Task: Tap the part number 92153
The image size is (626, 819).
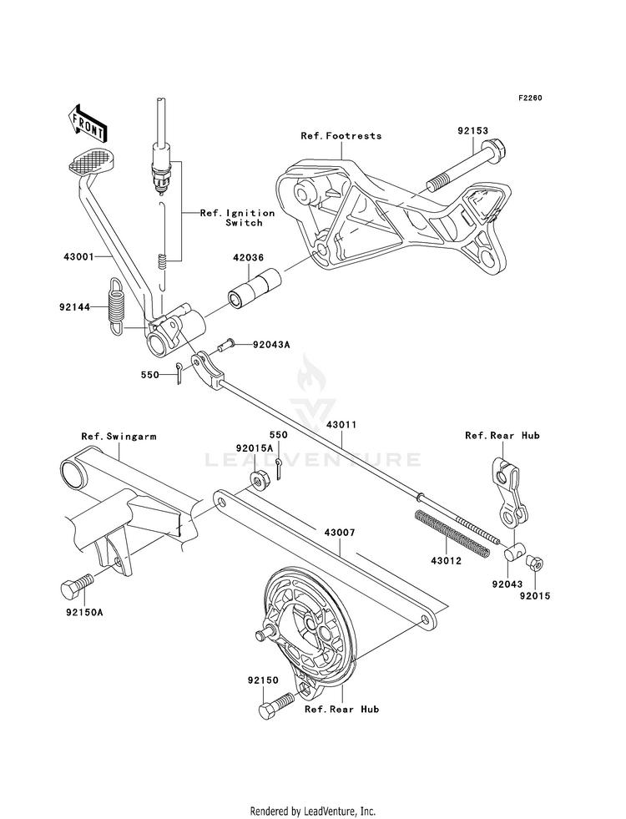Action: click(x=473, y=131)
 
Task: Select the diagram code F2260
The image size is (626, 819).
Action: click(x=530, y=98)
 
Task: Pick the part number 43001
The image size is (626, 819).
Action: click(x=78, y=257)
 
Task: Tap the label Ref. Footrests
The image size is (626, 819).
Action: click(x=341, y=136)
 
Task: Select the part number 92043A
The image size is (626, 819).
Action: click(x=271, y=345)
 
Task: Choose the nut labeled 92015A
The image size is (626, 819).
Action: click(x=257, y=478)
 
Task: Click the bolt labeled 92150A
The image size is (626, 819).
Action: click(x=77, y=587)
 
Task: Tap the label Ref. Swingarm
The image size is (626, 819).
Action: click(x=119, y=436)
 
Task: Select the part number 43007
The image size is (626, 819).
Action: click(x=340, y=533)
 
